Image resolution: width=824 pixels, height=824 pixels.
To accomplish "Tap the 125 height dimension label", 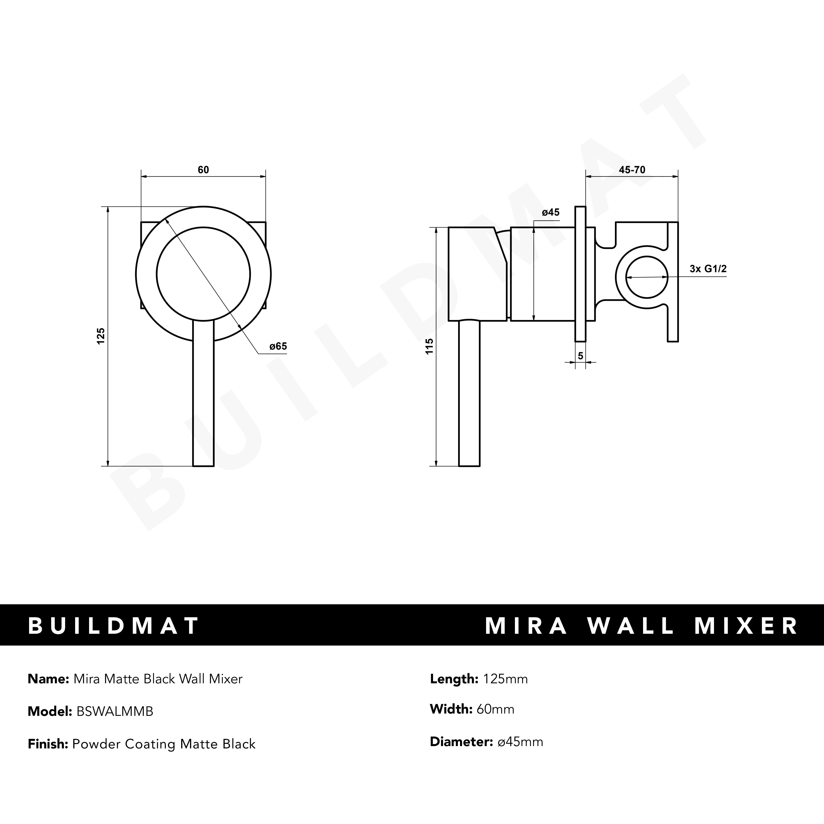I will point(101,336).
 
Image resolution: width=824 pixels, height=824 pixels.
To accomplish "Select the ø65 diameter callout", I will point(278,346).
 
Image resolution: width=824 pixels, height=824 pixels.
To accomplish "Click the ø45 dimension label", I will point(551,212).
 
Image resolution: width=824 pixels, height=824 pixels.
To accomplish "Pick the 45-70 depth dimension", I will point(632,170).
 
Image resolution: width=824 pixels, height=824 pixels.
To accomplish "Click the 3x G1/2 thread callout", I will point(708,269).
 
